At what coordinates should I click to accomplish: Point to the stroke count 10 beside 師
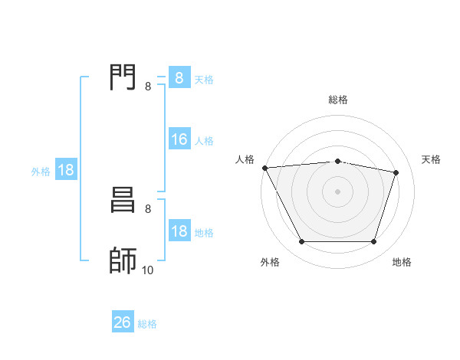click(x=146, y=270)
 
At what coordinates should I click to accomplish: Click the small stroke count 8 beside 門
click(x=148, y=87)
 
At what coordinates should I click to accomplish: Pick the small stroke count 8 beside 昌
click(x=148, y=208)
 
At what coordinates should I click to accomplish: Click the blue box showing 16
click(x=179, y=139)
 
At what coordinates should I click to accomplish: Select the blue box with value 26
click(x=123, y=322)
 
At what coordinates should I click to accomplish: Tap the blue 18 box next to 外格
click(x=66, y=170)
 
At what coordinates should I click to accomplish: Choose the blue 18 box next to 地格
click(x=179, y=231)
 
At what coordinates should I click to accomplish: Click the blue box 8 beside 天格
click(x=179, y=78)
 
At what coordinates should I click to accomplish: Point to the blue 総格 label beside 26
click(x=147, y=324)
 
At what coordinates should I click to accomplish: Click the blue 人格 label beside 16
click(x=204, y=141)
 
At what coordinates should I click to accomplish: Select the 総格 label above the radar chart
click(x=337, y=100)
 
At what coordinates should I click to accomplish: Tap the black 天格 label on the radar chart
click(x=432, y=159)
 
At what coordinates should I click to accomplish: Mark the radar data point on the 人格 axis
click(x=264, y=168)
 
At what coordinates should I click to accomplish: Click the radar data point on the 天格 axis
click(x=396, y=172)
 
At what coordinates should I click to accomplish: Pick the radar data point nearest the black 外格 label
click(x=301, y=242)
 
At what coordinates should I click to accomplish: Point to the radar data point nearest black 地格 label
click(x=374, y=242)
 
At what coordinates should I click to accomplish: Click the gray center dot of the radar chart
click(x=337, y=191)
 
